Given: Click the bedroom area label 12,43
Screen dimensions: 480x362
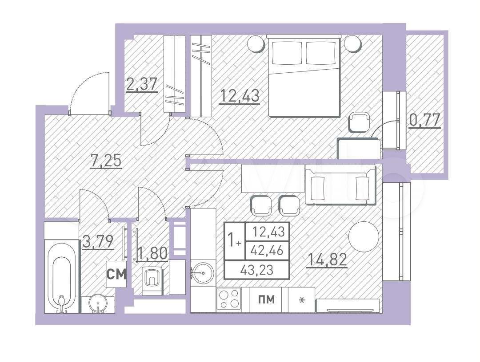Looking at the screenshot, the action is [x=240, y=96].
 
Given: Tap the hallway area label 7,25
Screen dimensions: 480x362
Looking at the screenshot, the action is [x=106, y=160].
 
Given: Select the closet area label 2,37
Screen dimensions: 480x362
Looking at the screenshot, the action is [x=142, y=84].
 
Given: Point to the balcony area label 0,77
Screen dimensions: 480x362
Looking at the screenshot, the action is [x=424, y=120].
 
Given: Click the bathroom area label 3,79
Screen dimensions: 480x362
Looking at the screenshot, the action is [x=98, y=241].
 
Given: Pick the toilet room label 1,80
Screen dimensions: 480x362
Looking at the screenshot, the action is [x=152, y=254].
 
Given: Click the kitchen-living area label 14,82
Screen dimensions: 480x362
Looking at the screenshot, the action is [x=327, y=260].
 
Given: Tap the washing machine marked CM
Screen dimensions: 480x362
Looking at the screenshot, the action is [x=116, y=274].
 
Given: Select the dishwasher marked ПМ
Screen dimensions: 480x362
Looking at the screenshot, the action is [x=266, y=300].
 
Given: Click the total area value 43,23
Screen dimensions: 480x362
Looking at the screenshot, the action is [x=257, y=270].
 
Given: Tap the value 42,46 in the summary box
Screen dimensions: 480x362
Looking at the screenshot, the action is [x=266, y=251].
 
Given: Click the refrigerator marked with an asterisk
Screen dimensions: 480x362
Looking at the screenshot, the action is [x=302, y=300].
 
